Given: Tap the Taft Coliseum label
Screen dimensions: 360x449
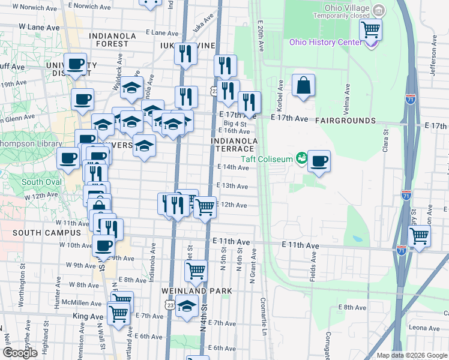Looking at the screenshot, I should pos(267,159).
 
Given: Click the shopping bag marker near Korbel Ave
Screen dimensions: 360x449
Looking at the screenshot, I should pos(304,85).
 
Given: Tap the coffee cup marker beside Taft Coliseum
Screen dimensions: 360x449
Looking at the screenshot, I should pos(319,161).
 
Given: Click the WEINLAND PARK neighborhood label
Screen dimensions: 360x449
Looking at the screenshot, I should pos(197,291).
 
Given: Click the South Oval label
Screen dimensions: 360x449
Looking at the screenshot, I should pos(41,182).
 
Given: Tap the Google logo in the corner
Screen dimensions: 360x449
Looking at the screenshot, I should pos(20,353).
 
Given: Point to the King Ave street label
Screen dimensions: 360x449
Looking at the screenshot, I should pos(88,316).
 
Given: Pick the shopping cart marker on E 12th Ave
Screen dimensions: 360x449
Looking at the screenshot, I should pos(206,208).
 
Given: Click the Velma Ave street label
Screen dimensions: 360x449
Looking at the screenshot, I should pos(347,100).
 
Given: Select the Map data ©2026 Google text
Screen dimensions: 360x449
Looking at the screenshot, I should pos(411,355).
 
